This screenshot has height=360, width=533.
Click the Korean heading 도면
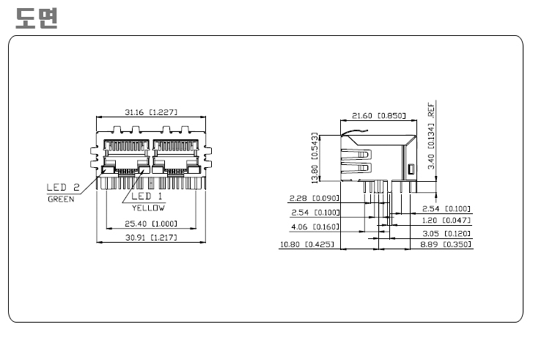[37, 18]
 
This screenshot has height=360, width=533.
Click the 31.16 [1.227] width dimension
[151, 112]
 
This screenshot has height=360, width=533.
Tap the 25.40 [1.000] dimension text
[151, 224]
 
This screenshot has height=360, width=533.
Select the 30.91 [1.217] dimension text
[151, 238]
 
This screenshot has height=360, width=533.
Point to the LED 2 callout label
[63, 187]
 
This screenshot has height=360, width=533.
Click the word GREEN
[61, 199]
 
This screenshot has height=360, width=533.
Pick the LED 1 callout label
[147, 196]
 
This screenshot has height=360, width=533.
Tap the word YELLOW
[149, 207]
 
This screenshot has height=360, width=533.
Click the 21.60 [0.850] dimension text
[379, 116]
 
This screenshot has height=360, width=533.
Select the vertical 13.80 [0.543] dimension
[315, 158]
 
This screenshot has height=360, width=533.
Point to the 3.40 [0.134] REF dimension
[431, 136]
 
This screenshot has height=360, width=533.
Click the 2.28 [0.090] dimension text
[315, 198]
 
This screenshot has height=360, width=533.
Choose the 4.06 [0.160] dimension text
[315, 227]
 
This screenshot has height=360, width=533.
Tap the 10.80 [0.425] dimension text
[307, 244]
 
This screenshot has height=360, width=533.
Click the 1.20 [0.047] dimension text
[446, 220]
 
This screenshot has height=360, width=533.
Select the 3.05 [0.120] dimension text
[446, 234]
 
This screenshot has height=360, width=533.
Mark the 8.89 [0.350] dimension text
[446, 244]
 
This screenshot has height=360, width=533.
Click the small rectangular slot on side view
[411, 169]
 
